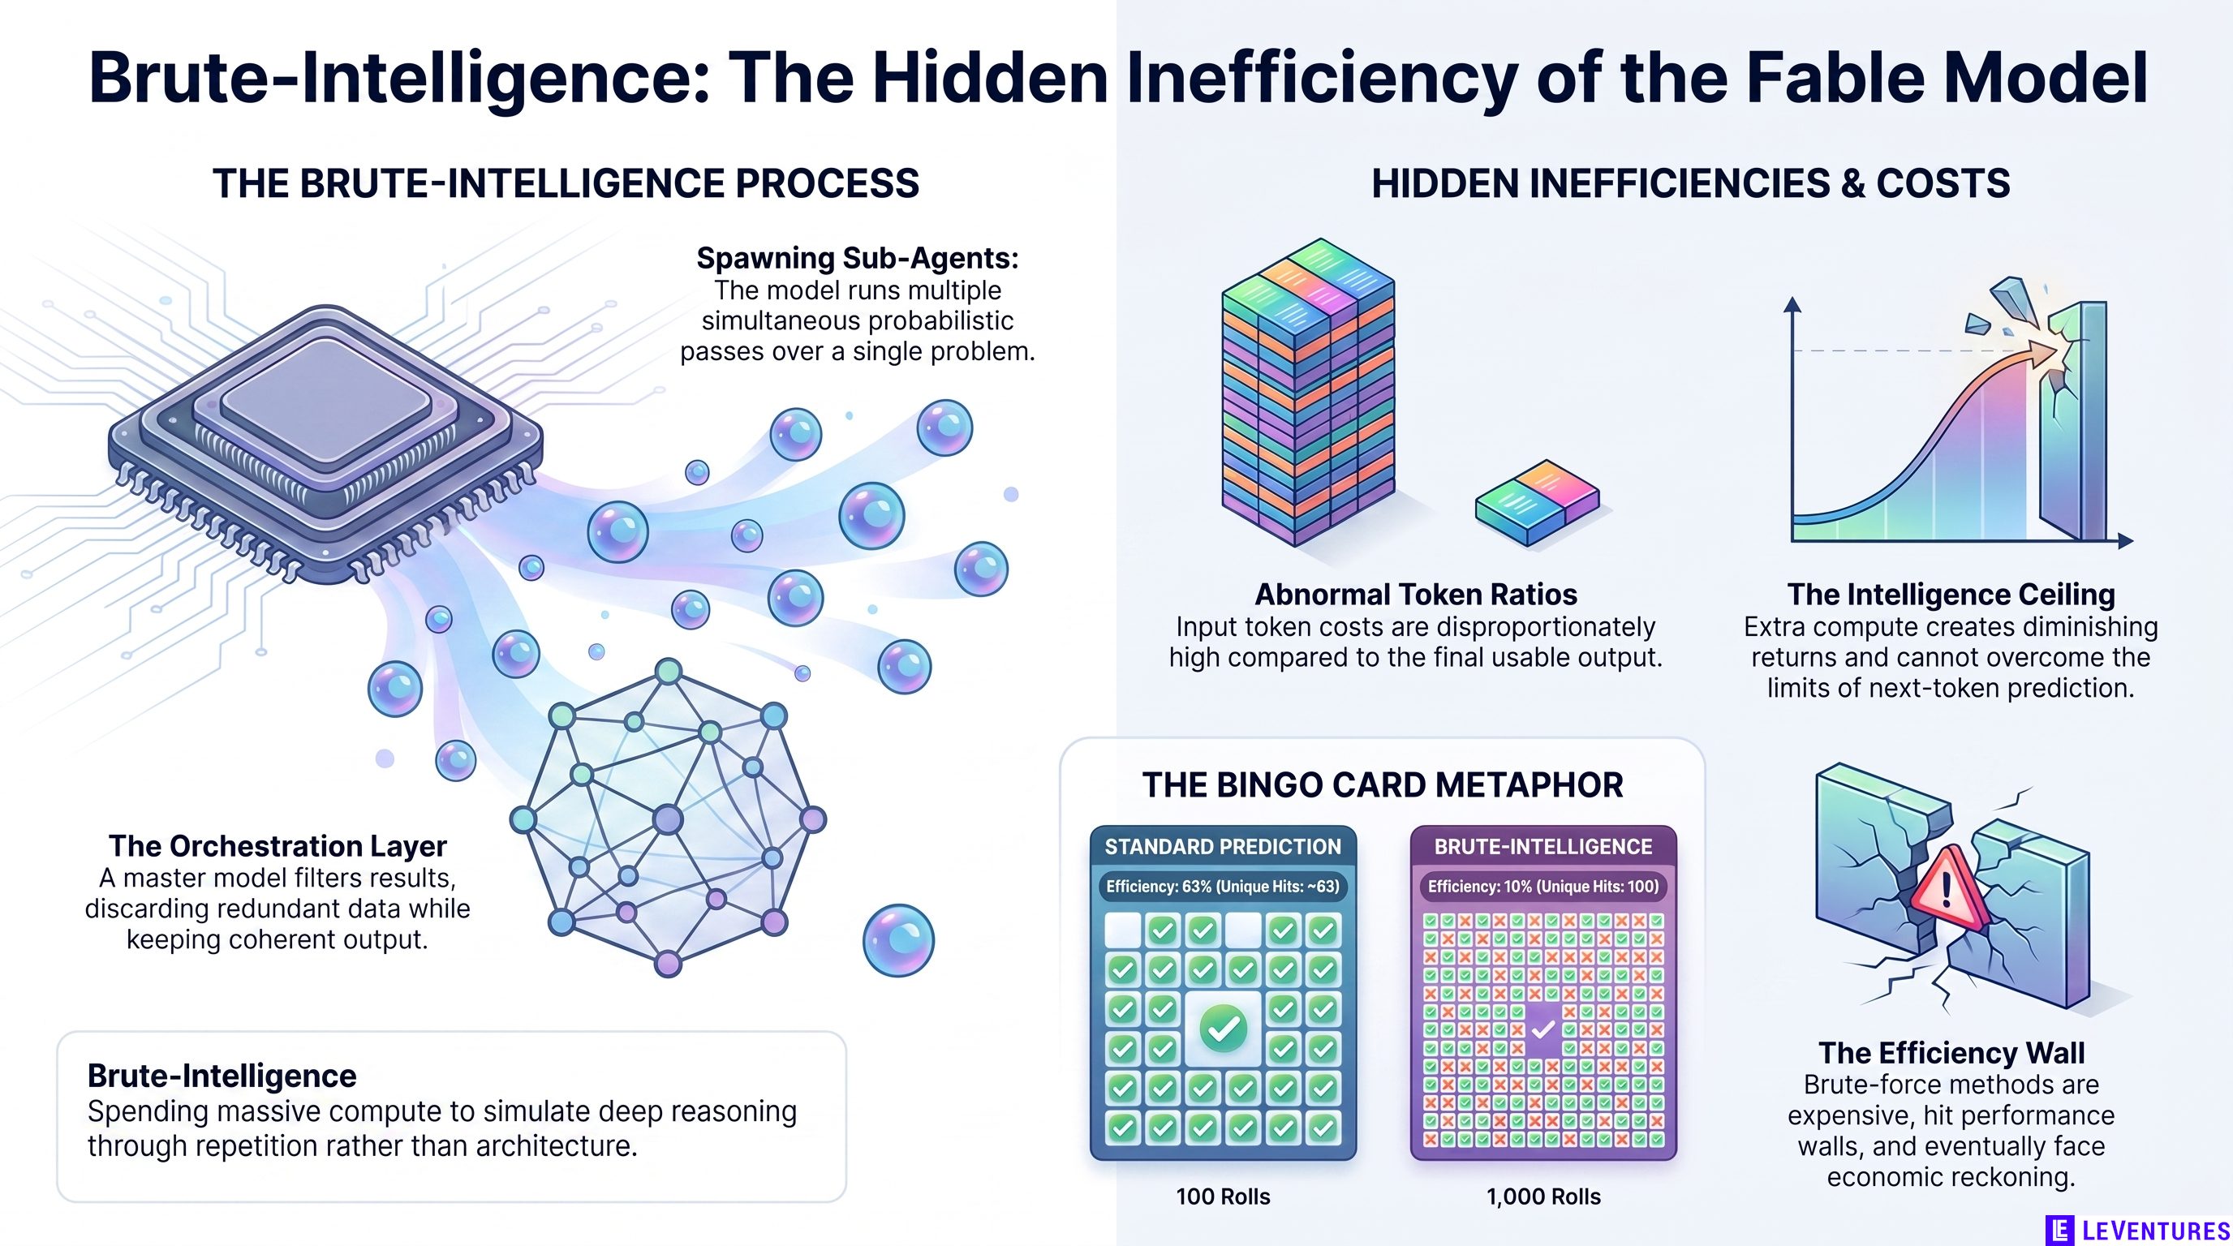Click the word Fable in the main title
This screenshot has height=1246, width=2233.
(x=1829, y=78)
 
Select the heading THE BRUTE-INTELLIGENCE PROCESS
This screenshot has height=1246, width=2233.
(x=566, y=183)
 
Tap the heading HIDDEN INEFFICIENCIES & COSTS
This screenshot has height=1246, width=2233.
(x=1690, y=183)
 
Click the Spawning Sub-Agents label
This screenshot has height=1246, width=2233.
(x=858, y=257)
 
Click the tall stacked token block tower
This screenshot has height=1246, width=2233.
(x=1307, y=392)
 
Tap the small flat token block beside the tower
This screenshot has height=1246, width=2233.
(x=1537, y=503)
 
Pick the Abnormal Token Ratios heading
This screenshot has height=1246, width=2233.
(x=1416, y=595)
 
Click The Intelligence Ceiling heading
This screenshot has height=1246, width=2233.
(x=1951, y=595)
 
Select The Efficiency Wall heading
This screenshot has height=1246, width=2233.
(x=1951, y=1052)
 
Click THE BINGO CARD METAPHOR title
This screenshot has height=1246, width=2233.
(x=1383, y=785)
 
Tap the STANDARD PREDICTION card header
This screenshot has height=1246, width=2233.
(x=1222, y=847)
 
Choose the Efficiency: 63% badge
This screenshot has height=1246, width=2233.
(x=1222, y=887)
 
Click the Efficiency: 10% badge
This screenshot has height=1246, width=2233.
(x=1543, y=887)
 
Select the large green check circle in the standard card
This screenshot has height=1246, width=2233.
(x=1223, y=1029)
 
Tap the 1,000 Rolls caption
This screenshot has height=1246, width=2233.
(x=1543, y=1197)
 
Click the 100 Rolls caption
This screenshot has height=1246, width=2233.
(x=1222, y=1197)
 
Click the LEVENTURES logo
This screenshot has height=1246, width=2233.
(x=2136, y=1230)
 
